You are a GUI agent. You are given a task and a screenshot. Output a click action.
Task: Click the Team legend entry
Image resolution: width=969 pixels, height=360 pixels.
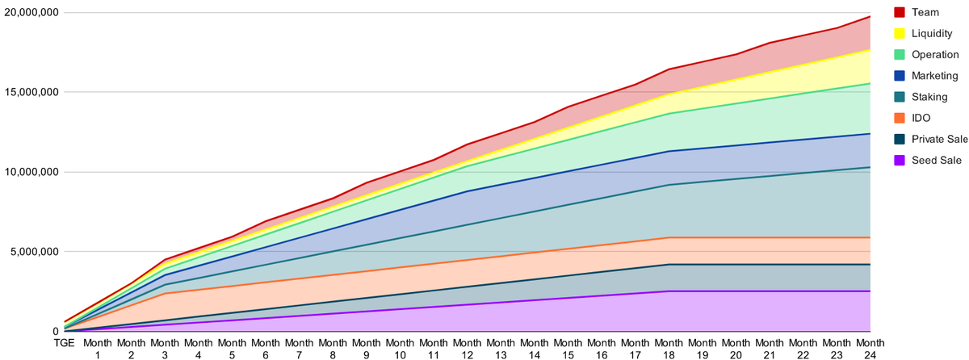[x=924, y=12]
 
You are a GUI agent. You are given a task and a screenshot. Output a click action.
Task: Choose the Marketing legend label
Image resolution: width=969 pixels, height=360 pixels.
[x=934, y=76]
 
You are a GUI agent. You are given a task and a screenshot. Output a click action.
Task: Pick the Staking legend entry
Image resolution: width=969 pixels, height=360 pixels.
[x=929, y=97]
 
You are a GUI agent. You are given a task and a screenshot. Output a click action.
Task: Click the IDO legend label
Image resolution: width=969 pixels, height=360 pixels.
[x=921, y=118]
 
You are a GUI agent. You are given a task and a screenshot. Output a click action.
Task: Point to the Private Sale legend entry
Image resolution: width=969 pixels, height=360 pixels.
[x=940, y=139]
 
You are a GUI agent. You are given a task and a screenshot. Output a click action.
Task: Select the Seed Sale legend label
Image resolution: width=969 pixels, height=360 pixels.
[x=936, y=161]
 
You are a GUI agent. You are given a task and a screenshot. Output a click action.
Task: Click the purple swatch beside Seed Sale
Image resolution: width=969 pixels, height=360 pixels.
[x=900, y=161]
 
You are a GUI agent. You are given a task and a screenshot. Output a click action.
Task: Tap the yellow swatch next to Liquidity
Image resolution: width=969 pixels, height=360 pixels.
[x=900, y=34]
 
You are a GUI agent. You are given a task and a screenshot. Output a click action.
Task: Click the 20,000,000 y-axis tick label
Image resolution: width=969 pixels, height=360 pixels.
[x=31, y=13]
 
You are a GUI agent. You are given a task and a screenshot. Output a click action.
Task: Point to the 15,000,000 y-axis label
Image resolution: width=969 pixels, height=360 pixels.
[x=31, y=92]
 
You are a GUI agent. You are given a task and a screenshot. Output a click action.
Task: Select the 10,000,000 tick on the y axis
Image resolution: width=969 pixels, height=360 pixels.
[x=31, y=172]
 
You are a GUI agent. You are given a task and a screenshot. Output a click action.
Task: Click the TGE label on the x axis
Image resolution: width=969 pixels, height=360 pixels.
[x=64, y=343]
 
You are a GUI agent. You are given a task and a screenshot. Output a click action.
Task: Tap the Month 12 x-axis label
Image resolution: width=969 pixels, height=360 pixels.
[x=468, y=348]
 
